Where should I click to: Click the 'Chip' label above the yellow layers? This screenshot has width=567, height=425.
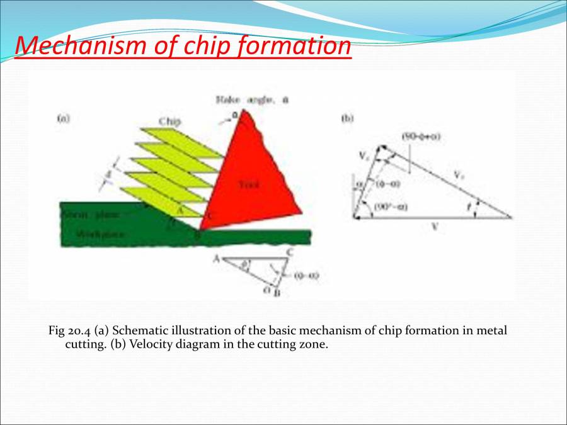coord(169,120)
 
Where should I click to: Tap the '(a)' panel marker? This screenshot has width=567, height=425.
coord(63,117)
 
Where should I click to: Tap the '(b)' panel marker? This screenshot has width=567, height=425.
coord(347,117)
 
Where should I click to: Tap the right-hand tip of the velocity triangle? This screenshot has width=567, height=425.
coord(510,217)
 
